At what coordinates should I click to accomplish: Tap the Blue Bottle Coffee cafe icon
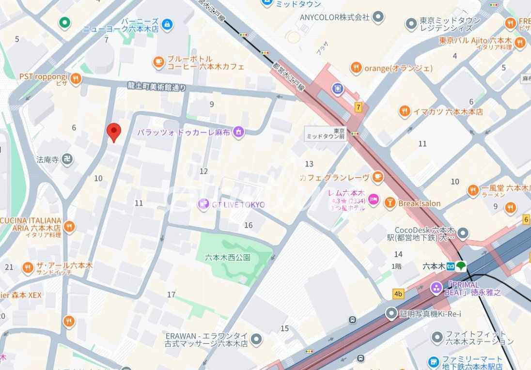158,62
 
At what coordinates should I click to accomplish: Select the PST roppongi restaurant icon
75,78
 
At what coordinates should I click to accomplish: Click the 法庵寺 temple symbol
67,159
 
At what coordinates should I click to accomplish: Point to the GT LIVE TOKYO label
237,204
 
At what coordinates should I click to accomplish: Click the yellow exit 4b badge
398,294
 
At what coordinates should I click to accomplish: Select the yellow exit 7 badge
358,108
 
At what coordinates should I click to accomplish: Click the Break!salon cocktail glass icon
390,203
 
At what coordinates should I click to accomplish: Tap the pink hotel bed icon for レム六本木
373,199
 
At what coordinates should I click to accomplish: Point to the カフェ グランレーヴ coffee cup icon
378,177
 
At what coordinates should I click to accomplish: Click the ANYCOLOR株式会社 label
334,17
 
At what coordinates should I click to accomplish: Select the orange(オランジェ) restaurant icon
356,68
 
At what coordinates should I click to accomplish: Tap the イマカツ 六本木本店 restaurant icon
405,111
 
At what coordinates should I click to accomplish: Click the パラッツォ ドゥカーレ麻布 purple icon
238,132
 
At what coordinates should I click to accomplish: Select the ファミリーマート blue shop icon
434,362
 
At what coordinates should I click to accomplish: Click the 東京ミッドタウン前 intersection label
320,134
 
